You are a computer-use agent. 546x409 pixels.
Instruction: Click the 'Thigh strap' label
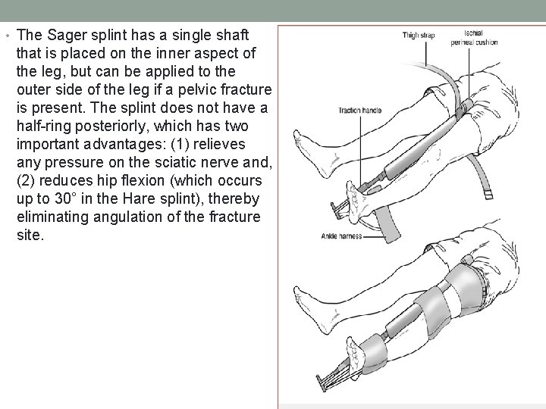[x=418, y=34]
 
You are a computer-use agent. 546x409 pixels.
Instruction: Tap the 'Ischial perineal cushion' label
[x=480, y=38]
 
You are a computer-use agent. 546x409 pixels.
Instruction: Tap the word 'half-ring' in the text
[x=44, y=126]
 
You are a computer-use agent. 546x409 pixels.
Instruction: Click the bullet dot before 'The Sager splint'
[x=7, y=36]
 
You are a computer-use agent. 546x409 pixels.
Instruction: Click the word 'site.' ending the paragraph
[x=30, y=235]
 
